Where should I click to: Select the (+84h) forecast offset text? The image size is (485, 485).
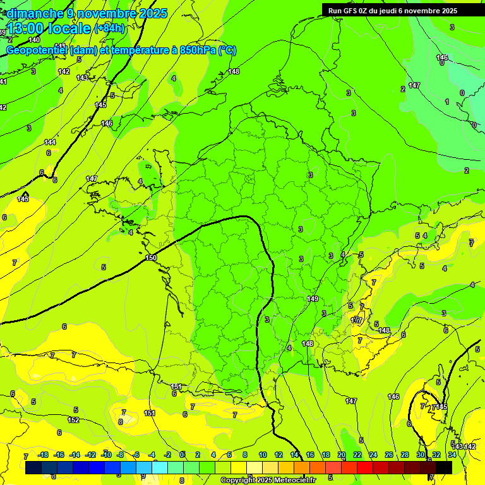(x=110, y=28)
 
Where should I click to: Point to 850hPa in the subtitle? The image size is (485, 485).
(x=195, y=51)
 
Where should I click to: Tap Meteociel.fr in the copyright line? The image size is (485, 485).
(x=294, y=481)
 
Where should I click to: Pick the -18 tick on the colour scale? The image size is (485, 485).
(x=43, y=455)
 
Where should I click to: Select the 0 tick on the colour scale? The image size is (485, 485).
(x=183, y=455)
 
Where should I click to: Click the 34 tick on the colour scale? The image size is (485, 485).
(x=452, y=455)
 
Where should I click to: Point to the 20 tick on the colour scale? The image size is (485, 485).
(x=342, y=455)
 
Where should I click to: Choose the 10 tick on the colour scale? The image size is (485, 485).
(x=263, y=455)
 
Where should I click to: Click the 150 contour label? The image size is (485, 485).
(x=151, y=258)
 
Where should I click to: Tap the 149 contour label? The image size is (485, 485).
(x=313, y=299)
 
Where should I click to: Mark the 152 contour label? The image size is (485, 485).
(x=73, y=420)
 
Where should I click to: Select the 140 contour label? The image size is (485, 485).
(x=34, y=40)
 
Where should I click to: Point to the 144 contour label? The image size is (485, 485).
(x=50, y=142)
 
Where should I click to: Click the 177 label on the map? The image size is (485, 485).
(x=357, y=320)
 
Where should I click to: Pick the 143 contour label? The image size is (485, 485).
(x=82, y=78)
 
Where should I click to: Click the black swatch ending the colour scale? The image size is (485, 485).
(x=444, y=467)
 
